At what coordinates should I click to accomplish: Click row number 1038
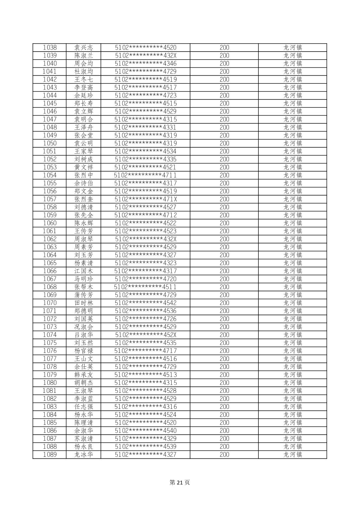50,48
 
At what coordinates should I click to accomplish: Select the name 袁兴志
83,48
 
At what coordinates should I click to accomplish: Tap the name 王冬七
83,79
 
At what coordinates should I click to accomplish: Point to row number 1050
50,143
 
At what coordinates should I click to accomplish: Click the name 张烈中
83,175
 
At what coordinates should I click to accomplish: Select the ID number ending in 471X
145,199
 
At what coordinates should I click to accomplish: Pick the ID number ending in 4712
145,215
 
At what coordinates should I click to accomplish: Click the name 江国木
83,271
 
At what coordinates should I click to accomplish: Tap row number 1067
50,279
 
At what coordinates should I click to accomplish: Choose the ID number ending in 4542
145,303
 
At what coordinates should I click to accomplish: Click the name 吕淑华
83,335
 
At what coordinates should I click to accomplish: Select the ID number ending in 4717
145,351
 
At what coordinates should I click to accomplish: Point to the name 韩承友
83,375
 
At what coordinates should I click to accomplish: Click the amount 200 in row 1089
224,454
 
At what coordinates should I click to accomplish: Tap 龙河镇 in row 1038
293,48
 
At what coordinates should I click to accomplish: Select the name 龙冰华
83,454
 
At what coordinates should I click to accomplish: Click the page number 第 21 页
180,482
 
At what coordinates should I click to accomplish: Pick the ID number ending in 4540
145,431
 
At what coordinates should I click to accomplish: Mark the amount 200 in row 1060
224,223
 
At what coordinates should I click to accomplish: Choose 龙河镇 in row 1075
293,343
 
